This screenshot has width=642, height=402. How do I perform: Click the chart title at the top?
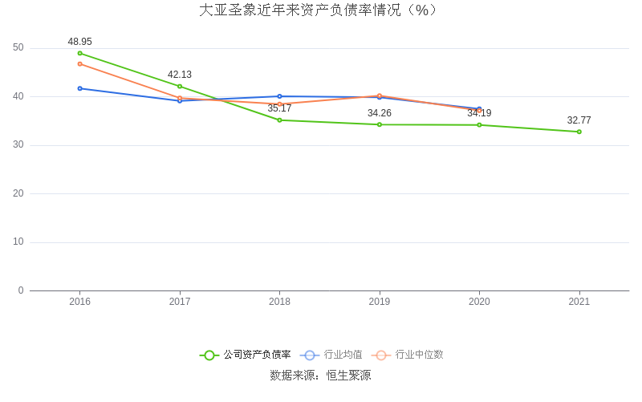tap(319, 10)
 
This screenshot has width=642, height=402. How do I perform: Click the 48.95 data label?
tap(79, 41)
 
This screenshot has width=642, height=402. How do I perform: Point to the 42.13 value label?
tap(180, 75)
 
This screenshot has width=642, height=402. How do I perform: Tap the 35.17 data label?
tap(279, 108)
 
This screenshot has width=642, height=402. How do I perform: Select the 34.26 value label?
tap(380, 113)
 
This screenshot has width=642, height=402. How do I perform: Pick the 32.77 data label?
tap(579, 120)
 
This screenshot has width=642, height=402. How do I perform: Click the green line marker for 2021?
tap(579, 132)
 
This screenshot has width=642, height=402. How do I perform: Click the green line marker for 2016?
tap(79, 53)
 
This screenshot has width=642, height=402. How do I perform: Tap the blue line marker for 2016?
tap(79, 88)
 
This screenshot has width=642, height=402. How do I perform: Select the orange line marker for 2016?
tap(79, 63)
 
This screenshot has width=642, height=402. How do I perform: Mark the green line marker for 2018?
tap(279, 120)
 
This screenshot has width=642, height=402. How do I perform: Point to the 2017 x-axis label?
tap(180, 302)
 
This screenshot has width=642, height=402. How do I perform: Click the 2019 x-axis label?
tap(380, 302)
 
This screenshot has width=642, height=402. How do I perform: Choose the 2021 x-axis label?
tap(579, 302)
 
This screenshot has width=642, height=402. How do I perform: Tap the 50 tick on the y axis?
tap(18, 48)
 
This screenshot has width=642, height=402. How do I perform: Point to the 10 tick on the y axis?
tap(18, 242)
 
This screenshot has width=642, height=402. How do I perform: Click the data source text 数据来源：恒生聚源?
tap(320, 375)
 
